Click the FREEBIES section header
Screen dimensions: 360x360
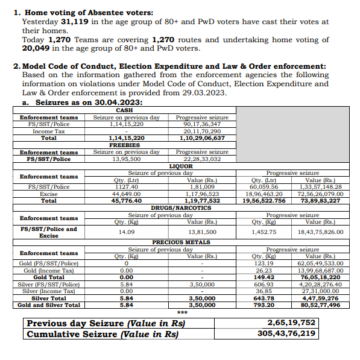[x=124, y=145]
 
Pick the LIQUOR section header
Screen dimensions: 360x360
[x=181, y=165]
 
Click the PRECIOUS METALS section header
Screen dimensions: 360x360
[x=181, y=242]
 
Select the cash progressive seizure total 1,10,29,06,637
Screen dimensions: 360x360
[x=201, y=137]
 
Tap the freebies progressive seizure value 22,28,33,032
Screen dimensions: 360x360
[x=201, y=159]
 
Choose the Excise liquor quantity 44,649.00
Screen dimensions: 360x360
[x=126, y=194]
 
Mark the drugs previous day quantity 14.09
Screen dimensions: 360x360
[x=126, y=232]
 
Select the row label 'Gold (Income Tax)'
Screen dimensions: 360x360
[x=49, y=271]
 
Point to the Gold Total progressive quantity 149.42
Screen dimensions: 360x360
[x=263, y=277]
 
